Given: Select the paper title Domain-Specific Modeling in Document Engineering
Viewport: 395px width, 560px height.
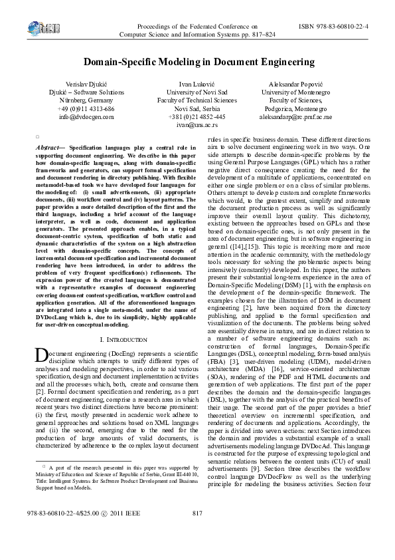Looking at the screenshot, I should click(x=197, y=62).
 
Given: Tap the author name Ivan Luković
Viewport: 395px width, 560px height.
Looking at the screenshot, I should click(x=197, y=84).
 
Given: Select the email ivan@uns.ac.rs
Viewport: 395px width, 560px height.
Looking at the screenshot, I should click(x=197, y=124).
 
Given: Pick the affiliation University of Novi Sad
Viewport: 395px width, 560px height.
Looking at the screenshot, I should click(x=197, y=92).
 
